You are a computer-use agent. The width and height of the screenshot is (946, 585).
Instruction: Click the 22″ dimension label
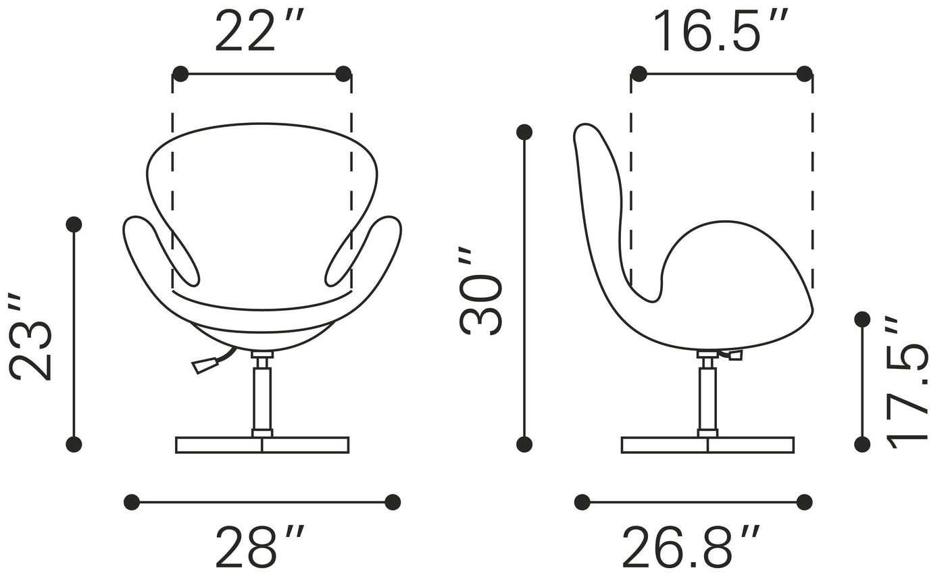tap(259, 30)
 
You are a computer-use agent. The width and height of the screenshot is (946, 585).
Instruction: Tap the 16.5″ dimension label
tap(720, 30)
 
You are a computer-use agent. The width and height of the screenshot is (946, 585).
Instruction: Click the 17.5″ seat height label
tap(906, 382)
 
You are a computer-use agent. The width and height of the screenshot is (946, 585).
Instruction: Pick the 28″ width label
tap(259, 546)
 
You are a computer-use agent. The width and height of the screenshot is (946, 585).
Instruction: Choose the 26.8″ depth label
tap(691, 546)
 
